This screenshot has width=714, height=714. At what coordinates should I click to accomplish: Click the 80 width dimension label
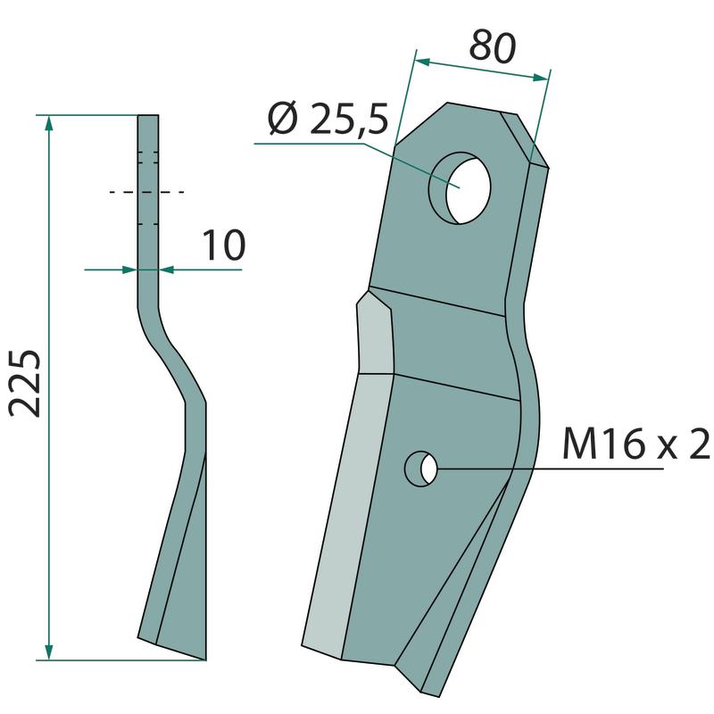493,46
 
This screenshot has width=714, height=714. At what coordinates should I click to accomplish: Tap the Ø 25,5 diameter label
328,120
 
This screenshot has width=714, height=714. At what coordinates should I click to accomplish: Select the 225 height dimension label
25,383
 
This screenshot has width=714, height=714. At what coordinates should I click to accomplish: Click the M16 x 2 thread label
636,443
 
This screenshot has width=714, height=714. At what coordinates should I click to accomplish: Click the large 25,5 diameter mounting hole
460,188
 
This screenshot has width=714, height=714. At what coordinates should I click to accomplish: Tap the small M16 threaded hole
421,469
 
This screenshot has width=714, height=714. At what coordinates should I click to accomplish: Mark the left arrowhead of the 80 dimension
422,61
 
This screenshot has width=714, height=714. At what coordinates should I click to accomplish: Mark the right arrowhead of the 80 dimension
541,78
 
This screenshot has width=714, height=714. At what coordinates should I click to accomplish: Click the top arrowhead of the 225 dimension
49,123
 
